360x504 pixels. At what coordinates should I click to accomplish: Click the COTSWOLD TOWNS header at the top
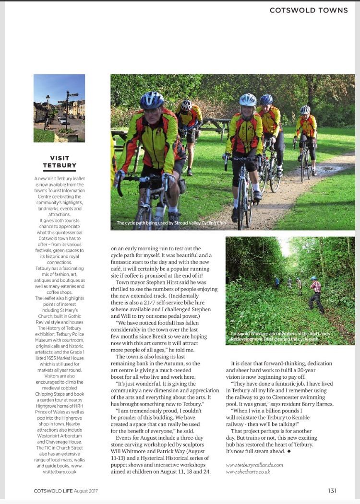[x=309, y=10]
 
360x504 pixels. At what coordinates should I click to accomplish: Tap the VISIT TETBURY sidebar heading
[x=60, y=162]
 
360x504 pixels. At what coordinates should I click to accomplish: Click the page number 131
[x=332, y=490]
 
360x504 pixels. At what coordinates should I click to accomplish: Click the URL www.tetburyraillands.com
[x=254, y=464]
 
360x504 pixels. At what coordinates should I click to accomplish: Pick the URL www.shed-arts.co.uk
[x=248, y=471]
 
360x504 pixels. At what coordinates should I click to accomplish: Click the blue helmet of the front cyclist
[x=152, y=100]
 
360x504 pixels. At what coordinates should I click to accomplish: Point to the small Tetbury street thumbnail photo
[x=59, y=108]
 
